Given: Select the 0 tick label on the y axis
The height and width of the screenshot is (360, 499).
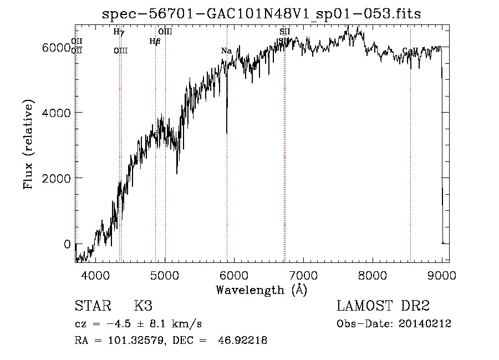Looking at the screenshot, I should click(67, 244).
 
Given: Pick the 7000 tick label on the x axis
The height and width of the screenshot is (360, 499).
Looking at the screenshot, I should click(303, 275).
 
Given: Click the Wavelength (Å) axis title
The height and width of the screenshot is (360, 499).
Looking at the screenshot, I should click(262, 290).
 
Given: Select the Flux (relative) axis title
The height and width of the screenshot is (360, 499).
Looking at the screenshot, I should click(28, 145).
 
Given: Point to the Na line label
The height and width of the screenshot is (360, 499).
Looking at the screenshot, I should click(226, 51).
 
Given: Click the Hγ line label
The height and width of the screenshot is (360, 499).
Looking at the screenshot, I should click(119, 32).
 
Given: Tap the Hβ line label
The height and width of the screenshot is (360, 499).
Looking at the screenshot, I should click(155, 41).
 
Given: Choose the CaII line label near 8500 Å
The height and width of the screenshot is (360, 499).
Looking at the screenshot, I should click(410, 51).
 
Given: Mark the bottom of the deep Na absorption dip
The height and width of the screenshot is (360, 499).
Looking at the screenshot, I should click(227, 133).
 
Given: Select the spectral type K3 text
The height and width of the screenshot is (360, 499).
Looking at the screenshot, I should click(143, 306).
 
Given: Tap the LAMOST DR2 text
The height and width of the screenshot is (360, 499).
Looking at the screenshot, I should click(384, 306).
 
